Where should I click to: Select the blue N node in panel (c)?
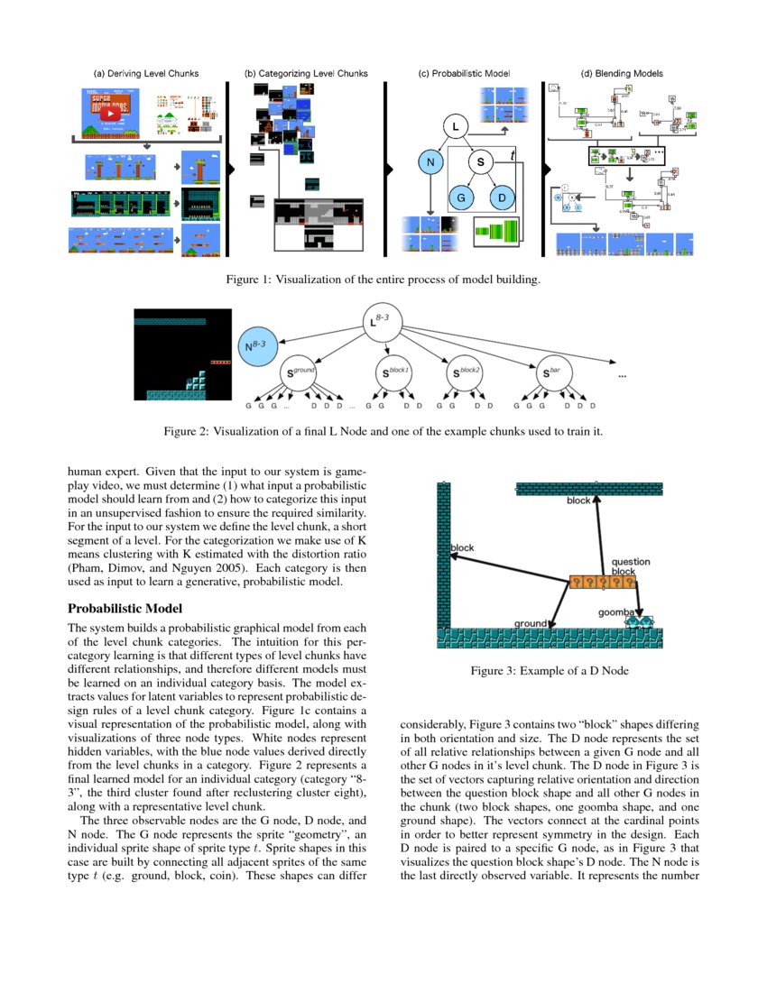point(431,162)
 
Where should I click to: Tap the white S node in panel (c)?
point(481,162)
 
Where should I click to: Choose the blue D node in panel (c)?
point(503,197)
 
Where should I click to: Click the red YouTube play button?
point(112,115)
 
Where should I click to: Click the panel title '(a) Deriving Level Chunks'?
point(146,73)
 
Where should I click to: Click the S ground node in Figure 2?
point(301,371)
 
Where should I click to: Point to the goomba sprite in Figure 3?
point(639,622)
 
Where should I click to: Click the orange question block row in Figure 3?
point(602,583)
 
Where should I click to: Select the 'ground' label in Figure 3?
point(531,623)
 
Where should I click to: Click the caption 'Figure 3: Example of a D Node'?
point(549,671)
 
